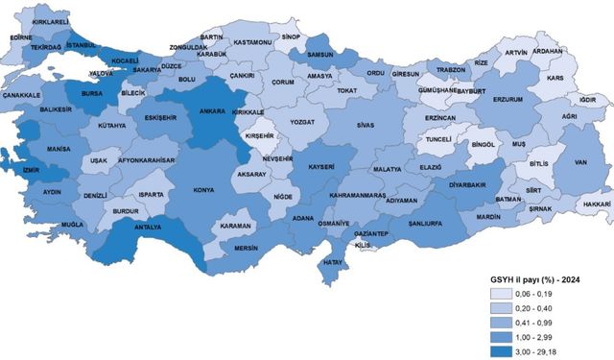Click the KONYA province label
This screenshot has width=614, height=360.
click(202, 190)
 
